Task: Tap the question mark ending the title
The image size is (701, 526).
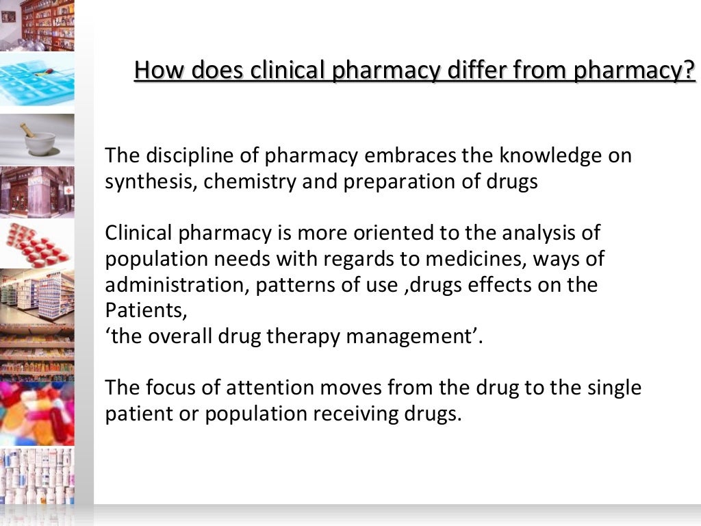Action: (x=688, y=70)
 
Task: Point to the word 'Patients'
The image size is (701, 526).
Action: (x=144, y=311)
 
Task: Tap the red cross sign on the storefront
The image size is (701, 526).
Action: (x=68, y=189)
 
